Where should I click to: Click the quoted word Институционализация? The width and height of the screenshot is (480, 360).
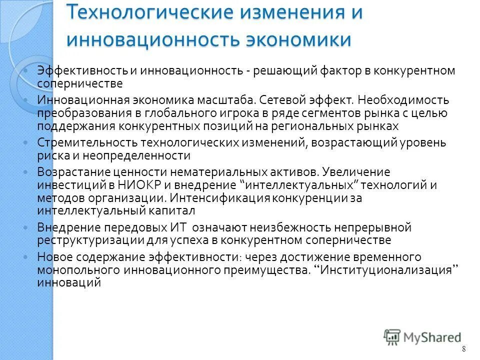point(388,270)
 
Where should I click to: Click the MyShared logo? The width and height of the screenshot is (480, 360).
point(423,336)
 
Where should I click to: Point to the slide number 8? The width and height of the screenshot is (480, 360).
point(463,348)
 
